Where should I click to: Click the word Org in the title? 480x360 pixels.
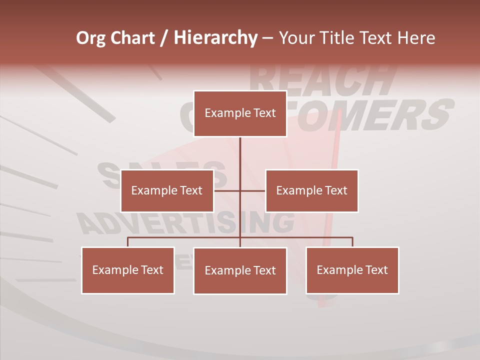(x=90, y=38)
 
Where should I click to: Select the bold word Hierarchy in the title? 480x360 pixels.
(x=215, y=38)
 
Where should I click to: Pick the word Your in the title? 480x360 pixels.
(x=296, y=38)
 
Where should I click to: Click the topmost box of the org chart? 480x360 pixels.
(x=240, y=113)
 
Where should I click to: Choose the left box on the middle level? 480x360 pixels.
(x=167, y=190)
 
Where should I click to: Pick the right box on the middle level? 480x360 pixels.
(x=311, y=190)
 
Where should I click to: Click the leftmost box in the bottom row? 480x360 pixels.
(x=128, y=270)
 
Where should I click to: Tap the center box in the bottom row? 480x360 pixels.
(x=240, y=270)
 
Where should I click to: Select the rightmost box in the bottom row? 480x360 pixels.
(x=352, y=270)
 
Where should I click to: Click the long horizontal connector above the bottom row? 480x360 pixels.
(x=300, y=237)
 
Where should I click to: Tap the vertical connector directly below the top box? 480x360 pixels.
(x=240, y=155)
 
